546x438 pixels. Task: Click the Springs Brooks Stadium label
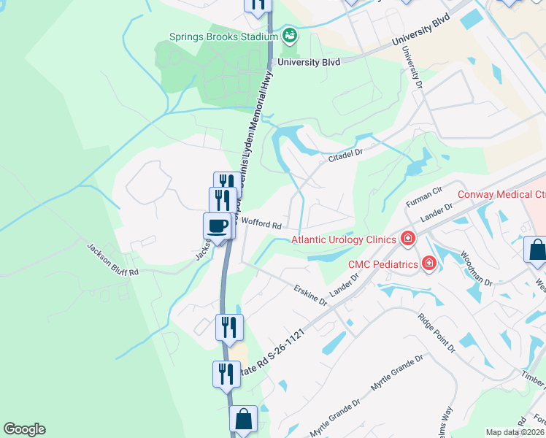click(x=223, y=36)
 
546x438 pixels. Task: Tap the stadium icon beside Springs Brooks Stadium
click(x=290, y=35)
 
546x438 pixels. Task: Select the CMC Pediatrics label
click(x=382, y=264)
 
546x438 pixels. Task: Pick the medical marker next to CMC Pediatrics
click(x=429, y=263)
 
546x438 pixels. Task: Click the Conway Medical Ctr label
click(x=501, y=194)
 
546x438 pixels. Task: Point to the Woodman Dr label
click(x=475, y=269)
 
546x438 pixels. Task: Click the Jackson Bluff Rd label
click(x=113, y=259)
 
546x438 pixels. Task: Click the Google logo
click(x=24, y=429)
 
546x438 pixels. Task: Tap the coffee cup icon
click(x=217, y=226)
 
